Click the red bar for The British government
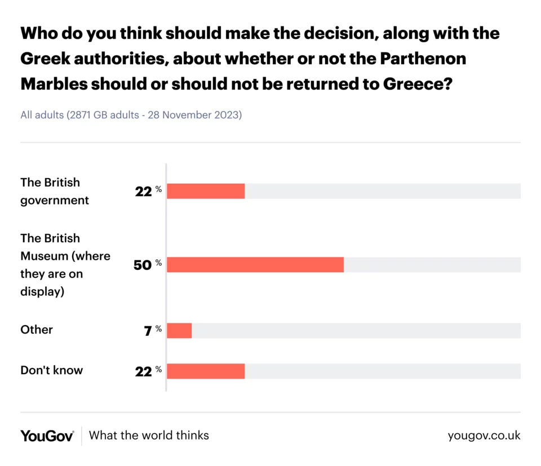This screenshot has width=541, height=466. (x=206, y=191)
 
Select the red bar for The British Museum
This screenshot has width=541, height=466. (x=255, y=265)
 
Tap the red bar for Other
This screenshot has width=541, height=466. (x=179, y=330)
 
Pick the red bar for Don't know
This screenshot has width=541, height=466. (x=206, y=371)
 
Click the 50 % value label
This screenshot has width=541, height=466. (x=147, y=265)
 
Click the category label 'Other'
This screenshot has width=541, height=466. (x=37, y=330)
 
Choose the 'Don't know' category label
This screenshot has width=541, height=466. (x=51, y=370)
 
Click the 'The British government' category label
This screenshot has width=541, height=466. (x=54, y=191)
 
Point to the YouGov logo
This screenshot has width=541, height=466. (x=47, y=436)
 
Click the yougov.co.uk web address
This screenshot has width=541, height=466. (x=484, y=436)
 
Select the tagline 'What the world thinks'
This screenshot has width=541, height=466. (x=149, y=436)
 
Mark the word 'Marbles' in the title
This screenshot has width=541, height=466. (x=55, y=84)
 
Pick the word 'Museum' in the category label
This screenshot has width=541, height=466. (x=44, y=256)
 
